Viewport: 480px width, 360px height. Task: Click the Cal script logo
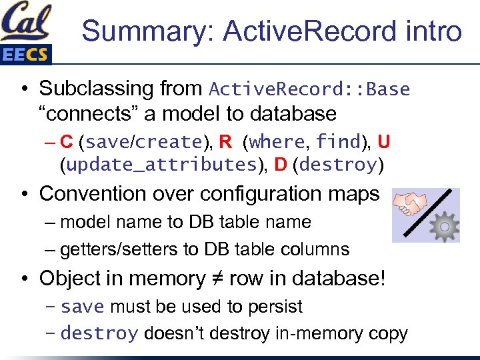point(25,22)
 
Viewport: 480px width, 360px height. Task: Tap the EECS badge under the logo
point(25,55)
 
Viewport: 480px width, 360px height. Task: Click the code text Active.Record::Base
point(309,89)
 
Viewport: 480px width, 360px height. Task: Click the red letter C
point(67,142)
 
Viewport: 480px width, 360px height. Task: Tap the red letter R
point(225,142)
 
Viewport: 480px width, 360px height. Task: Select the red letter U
point(383,142)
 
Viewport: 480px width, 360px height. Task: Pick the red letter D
point(281,165)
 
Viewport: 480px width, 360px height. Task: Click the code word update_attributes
point(158,165)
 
